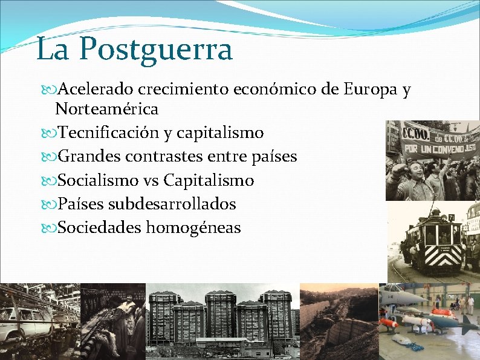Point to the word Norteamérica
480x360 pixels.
point(106,109)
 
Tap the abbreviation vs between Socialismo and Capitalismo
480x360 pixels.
point(151,180)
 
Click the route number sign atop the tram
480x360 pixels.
point(451,217)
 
